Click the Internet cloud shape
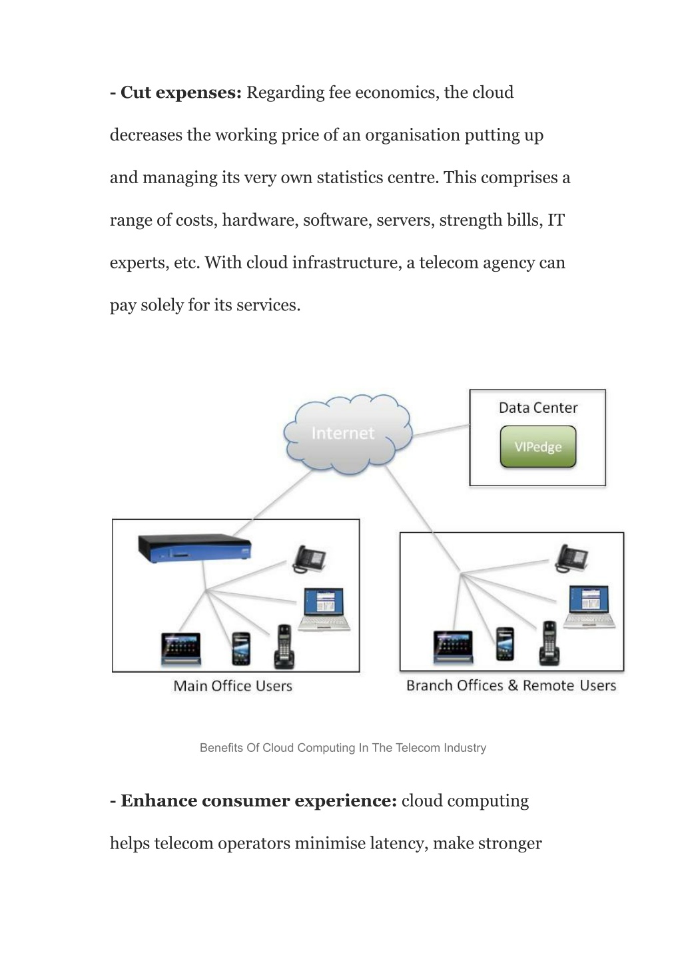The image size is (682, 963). pyautogui.click(x=348, y=434)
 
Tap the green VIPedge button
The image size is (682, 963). pyautogui.click(x=538, y=446)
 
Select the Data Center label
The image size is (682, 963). pyautogui.click(x=538, y=408)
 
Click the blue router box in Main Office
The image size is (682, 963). pyautogui.click(x=194, y=549)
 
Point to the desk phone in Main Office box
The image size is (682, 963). pyautogui.click(x=309, y=559)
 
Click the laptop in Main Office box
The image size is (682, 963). pyautogui.click(x=324, y=609)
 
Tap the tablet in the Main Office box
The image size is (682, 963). pyautogui.click(x=181, y=649)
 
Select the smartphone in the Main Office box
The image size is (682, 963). pyautogui.click(x=241, y=649)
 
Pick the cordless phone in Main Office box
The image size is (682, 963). pyautogui.click(x=284, y=647)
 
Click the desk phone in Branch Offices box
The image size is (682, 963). pyautogui.click(x=571, y=558)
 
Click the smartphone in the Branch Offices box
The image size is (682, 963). pyautogui.click(x=505, y=644)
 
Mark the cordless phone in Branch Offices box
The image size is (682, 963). pyautogui.click(x=549, y=643)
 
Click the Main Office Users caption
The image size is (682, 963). pyautogui.click(x=232, y=686)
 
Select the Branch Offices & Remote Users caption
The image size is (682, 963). pyautogui.click(x=511, y=686)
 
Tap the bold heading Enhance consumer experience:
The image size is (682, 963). pyautogui.click(x=254, y=801)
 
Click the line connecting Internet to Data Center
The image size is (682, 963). pyautogui.click(x=441, y=431)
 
